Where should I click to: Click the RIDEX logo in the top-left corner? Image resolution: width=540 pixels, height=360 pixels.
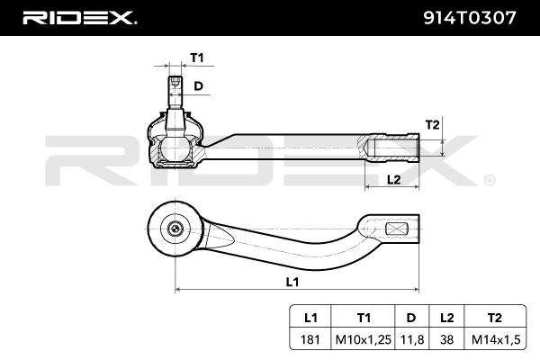tap(78, 17)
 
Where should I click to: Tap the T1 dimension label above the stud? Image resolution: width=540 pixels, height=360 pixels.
tap(197, 58)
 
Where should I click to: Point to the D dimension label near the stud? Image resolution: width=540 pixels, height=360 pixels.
tap(199, 86)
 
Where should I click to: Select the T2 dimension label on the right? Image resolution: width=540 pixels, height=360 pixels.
tap(432, 124)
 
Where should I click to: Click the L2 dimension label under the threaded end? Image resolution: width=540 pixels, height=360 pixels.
tap(392, 179)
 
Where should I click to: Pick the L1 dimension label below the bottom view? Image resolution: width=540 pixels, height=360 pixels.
tap(292, 282)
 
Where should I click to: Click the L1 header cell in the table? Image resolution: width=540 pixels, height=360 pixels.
tap(310, 316)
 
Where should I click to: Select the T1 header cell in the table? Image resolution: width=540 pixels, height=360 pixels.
tap(364, 316)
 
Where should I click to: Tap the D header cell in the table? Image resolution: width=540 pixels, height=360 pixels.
tap(411, 316)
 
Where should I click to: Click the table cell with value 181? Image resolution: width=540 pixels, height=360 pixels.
tap(310, 338)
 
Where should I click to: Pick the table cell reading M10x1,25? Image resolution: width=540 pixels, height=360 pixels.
tap(364, 338)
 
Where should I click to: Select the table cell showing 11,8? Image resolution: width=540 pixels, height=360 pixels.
tap(411, 338)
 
